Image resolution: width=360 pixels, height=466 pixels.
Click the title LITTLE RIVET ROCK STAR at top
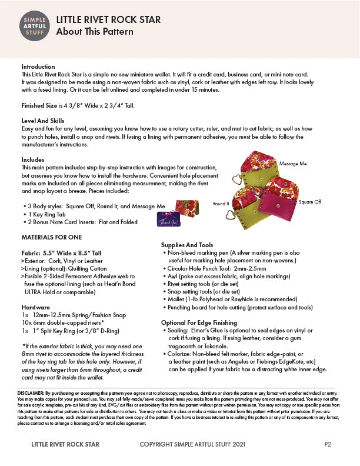coord(108,19)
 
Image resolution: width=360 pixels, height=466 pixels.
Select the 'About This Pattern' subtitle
coord(95,32)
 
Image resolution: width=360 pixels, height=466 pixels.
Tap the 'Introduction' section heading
coord(38,67)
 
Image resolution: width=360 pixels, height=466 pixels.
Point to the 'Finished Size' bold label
coord(40,106)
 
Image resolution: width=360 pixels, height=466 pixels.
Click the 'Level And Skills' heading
coord(43,120)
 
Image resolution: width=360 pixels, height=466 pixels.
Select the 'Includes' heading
coord(33,160)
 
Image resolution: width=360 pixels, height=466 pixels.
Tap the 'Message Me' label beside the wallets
coord(292,163)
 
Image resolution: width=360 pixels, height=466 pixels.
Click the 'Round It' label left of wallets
coord(221,204)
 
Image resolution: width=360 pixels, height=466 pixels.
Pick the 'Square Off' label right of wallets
coord(310,202)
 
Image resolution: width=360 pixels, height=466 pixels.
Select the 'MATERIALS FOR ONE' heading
coord(52,237)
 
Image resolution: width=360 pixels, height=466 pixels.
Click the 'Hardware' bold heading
coord(35,307)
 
